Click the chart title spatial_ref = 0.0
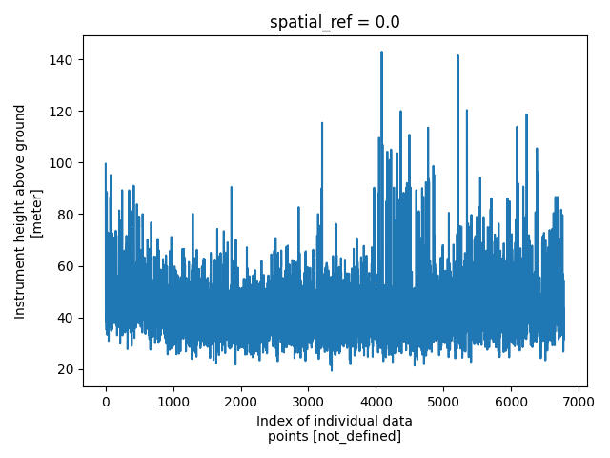click(x=335, y=23)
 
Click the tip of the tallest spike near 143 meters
click(x=381, y=52)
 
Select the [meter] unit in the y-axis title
click(x=37, y=212)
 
